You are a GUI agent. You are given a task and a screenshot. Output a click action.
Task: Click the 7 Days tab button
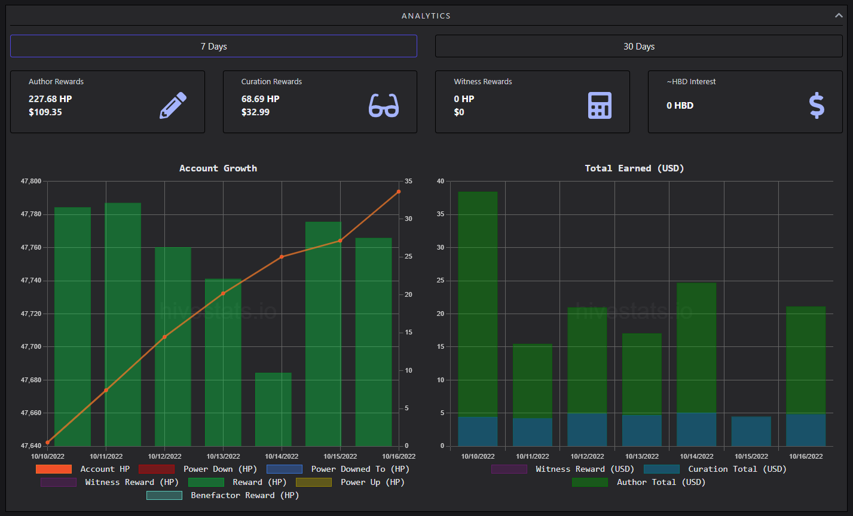pyautogui.click(x=213, y=46)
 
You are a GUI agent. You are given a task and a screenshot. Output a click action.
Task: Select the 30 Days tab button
pyautogui.click(x=638, y=46)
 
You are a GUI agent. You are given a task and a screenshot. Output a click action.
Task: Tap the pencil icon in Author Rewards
pyautogui.click(x=173, y=105)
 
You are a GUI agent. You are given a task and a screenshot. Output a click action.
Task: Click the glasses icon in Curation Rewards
pyautogui.click(x=384, y=105)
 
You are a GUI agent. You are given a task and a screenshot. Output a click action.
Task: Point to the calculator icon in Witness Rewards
pyautogui.click(x=600, y=105)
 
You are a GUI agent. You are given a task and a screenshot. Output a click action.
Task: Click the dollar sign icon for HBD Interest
pyautogui.click(x=817, y=105)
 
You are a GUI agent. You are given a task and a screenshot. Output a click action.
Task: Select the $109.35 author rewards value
pyautogui.click(x=45, y=112)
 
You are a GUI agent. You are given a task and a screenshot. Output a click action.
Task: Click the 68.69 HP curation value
pyautogui.click(x=261, y=99)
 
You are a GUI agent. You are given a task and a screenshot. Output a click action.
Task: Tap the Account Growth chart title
pyautogui.click(x=218, y=168)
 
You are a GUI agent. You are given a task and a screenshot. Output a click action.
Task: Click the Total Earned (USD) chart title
pyautogui.click(x=634, y=168)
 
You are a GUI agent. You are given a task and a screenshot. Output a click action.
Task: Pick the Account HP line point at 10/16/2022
pyautogui.click(x=399, y=192)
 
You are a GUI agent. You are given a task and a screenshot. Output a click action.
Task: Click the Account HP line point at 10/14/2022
pyautogui.click(x=282, y=257)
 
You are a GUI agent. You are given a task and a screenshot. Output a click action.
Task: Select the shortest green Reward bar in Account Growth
pyautogui.click(x=273, y=409)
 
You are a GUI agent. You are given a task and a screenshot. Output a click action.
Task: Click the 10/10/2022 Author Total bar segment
pyautogui.click(x=478, y=304)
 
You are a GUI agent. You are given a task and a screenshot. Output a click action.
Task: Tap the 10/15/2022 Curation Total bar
pyautogui.click(x=751, y=431)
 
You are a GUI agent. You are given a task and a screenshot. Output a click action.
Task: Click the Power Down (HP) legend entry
pyautogui.click(x=198, y=469)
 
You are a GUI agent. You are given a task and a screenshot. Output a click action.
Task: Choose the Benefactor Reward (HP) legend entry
pyautogui.click(x=223, y=496)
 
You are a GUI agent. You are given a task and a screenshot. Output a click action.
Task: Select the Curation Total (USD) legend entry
pyautogui.click(x=715, y=469)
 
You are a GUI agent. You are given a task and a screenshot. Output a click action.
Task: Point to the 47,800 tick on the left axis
pyautogui.click(x=31, y=181)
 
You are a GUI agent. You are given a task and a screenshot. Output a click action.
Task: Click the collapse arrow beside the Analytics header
pyautogui.click(x=839, y=16)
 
